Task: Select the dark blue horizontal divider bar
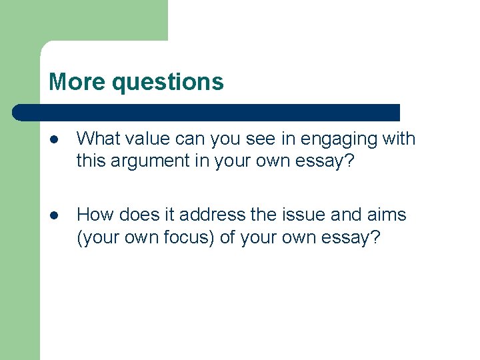click(207, 112)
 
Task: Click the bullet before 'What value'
click(54, 140)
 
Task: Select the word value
click(147, 139)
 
